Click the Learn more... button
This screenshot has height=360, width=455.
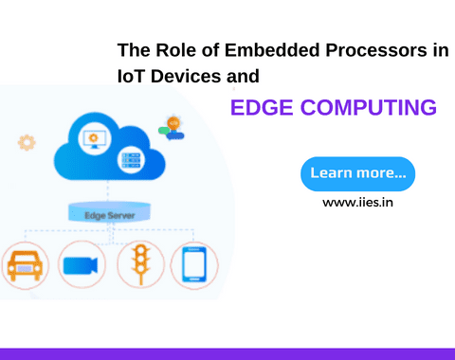[357, 173]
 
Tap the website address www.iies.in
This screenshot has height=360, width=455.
[357, 202]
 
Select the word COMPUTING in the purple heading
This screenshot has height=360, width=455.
[373, 107]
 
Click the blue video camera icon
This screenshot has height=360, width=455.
[82, 264]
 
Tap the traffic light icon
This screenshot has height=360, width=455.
[140, 264]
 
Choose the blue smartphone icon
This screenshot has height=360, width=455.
[193, 264]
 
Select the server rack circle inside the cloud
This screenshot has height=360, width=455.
[130, 161]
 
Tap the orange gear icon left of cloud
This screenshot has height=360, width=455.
[27, 143]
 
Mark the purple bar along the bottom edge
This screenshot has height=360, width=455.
[227, 353]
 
